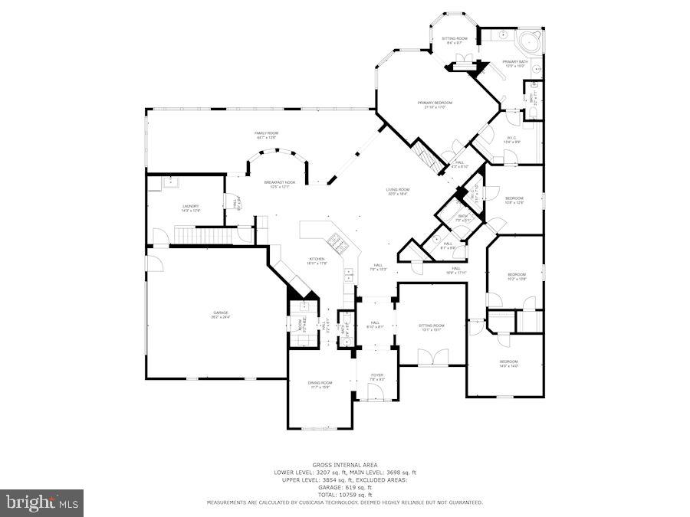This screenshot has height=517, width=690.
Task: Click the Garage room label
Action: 222,314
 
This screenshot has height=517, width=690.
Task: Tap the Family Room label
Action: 267,135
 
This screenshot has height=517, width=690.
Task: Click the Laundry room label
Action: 191,207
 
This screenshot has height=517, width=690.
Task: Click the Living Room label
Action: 397,191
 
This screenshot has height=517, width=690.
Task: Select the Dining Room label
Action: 320,384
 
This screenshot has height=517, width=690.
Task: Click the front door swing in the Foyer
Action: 376,392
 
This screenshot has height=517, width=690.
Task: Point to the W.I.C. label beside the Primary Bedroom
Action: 511,139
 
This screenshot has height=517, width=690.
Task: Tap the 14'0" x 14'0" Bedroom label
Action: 509,363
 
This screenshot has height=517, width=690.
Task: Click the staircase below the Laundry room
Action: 204,234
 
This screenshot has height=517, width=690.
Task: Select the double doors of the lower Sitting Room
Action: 432,355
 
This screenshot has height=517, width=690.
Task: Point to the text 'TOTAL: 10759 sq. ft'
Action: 344,494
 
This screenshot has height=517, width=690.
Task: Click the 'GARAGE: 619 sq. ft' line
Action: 344,487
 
